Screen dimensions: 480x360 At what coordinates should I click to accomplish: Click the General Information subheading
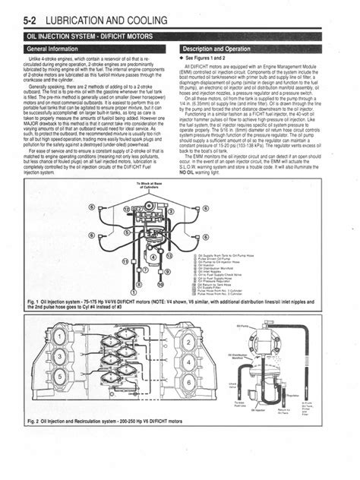tap(57, 49)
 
